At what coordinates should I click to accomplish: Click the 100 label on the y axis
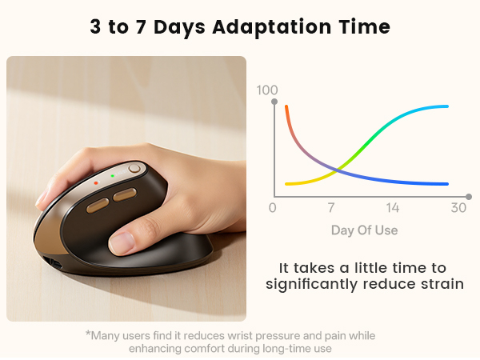point(266,90)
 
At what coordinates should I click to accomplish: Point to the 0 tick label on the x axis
point(273,209)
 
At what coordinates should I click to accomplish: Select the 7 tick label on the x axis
point(330,209)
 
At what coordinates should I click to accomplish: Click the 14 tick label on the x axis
point(392,209)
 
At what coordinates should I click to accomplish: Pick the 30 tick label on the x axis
point(458,209)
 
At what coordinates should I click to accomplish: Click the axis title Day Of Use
point(364,230)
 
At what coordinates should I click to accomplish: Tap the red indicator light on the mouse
point(96,182)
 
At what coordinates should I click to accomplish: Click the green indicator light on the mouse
point(113,175)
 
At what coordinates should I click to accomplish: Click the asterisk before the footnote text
point(87,334)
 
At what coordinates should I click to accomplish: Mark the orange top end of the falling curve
point(286,107)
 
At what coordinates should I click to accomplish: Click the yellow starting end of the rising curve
point(286,184)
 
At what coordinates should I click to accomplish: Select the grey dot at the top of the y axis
point(274,102)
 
